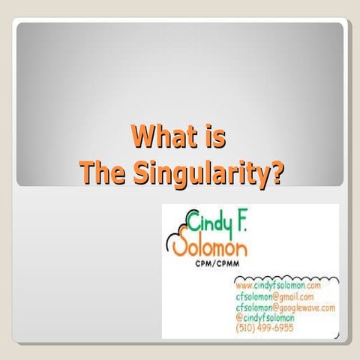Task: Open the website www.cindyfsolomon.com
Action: point(278,286)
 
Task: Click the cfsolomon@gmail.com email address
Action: point(274,296)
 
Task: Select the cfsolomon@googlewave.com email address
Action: point(285,307)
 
